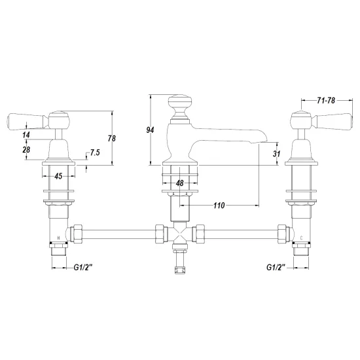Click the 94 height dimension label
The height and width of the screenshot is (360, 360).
(x=150, y=130)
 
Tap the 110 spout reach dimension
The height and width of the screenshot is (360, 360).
(x=219, y=206)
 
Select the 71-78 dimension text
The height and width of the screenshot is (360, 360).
(x=326, y=100)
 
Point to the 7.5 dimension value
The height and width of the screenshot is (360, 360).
(x=95, y=153)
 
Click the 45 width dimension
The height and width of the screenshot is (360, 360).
(x=58, y=176)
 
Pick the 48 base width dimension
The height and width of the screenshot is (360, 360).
(x=180, y=183)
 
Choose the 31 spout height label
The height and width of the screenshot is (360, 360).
(x=276, y=154)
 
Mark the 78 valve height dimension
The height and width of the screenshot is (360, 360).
(x=111, y=138)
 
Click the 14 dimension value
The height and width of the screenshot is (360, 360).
(x=26, y=135)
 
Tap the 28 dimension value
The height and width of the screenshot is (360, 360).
(x=26, y=150)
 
